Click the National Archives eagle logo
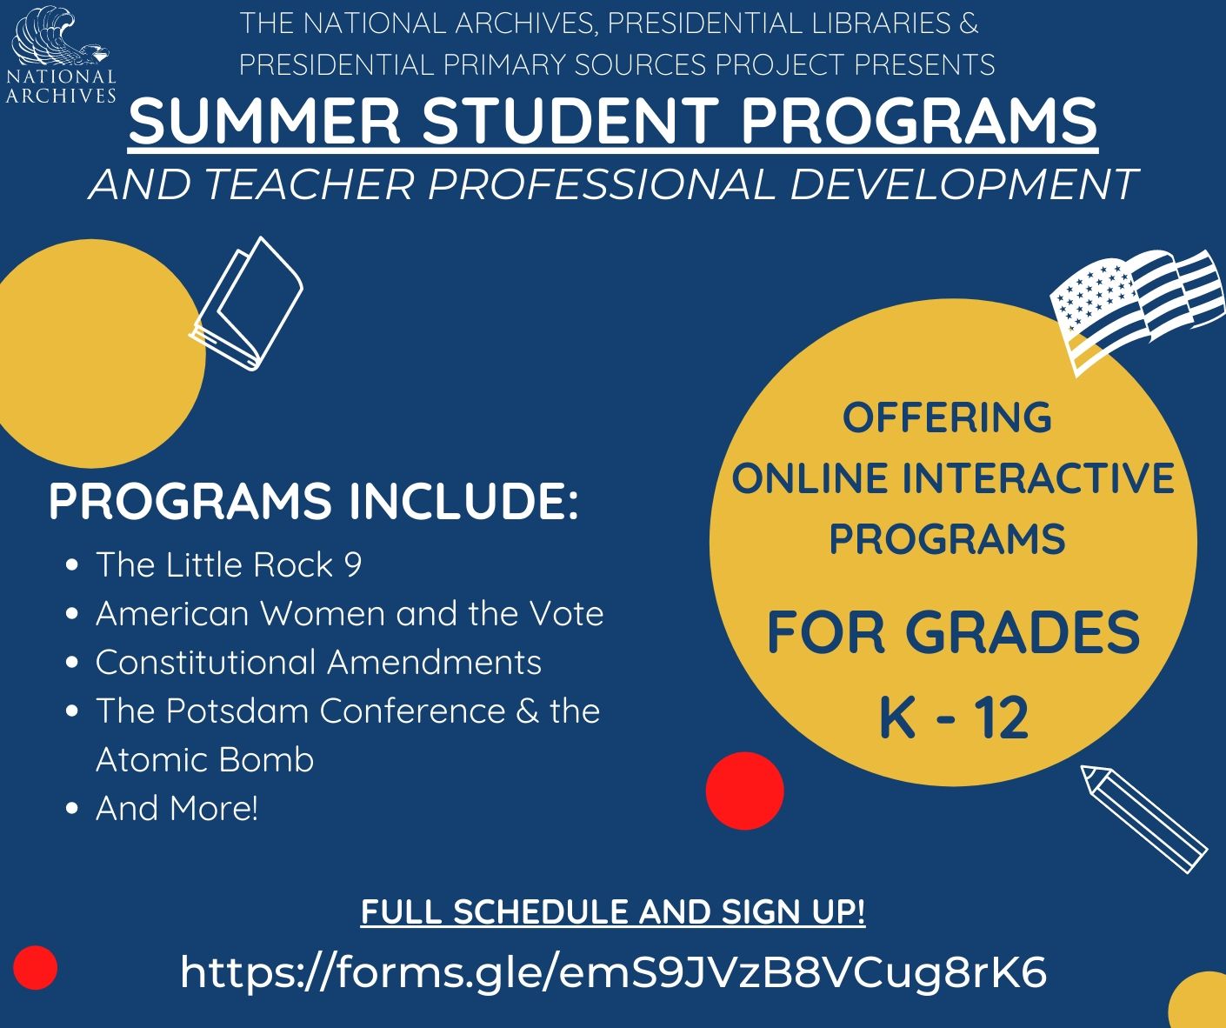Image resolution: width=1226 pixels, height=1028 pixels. tap(61, 55)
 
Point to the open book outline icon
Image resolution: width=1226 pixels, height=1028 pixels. tap(247, 304)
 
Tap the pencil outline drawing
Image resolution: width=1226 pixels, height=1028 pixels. tap(1143, 819)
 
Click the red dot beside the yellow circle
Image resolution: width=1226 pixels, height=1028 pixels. tap(744, 791)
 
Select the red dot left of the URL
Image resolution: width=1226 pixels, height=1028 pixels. tap(36, 967)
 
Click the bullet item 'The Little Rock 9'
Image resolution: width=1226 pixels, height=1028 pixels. tap(229, 564)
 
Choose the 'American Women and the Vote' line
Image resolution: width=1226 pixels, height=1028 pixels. tap(350, 613)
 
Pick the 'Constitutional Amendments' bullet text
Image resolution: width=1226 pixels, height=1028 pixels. tap(318, 662)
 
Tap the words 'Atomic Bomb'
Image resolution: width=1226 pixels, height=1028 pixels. tap(205, 759)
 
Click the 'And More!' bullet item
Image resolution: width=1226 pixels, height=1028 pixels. tap(177, 808)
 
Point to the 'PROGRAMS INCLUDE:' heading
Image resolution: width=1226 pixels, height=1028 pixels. tap(314, 501)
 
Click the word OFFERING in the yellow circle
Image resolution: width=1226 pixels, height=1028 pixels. tap(947, 417)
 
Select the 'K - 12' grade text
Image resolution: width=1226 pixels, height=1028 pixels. tap(954, 717)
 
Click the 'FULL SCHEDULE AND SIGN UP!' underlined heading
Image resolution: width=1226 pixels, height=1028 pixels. tap(613, 912)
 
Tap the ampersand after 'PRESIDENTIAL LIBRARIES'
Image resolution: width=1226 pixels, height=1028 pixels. tap(969, 23)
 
